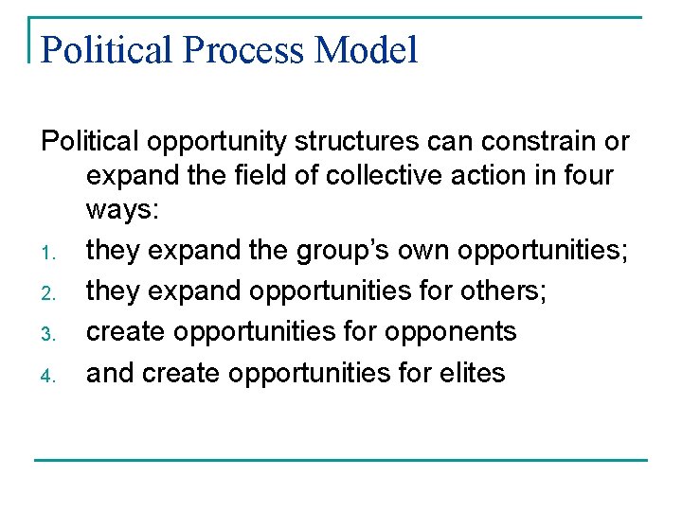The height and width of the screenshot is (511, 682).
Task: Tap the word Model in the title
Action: (367, 50)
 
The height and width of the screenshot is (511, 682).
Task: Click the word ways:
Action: (123, 210)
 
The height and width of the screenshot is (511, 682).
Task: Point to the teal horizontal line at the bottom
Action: (341, 461)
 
